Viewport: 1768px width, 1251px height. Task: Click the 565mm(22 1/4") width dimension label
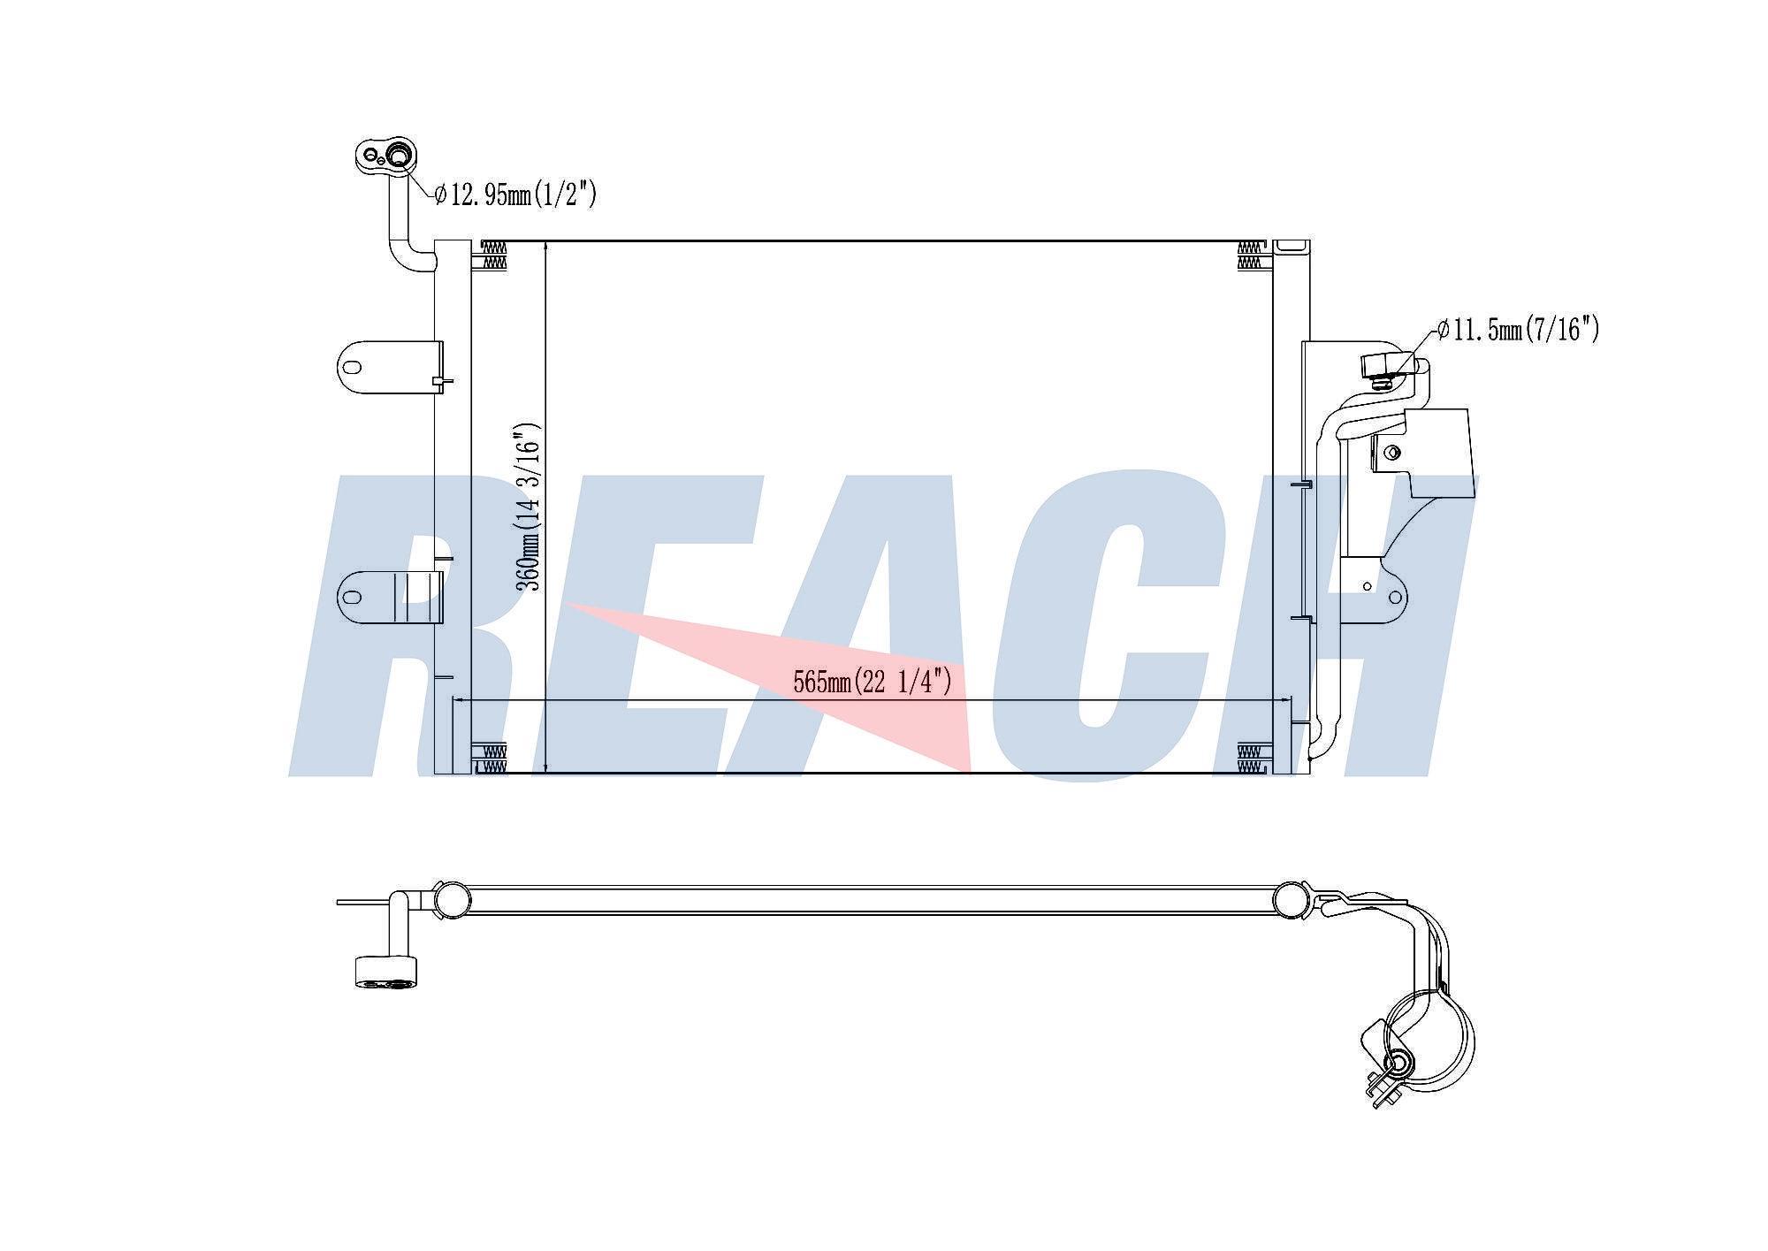(x=873, y=682)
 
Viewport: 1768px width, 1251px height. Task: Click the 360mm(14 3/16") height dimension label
(x=528, y=507)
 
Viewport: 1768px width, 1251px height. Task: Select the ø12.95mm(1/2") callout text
(x=516, y=194)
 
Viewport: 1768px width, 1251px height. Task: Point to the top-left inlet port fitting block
(x=388, y=157)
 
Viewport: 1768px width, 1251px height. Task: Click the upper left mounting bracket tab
(x=389, y=368)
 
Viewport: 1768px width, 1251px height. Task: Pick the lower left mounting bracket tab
(x=389, y=598)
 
